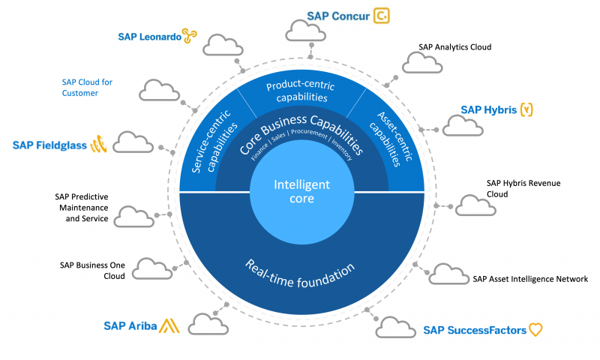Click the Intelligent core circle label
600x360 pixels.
(301, 192)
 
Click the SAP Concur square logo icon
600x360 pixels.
(382, 16)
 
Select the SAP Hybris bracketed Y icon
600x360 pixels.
(528, 110)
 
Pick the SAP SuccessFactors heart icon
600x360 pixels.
(535, 329)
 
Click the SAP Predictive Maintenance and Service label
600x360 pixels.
(81, 208)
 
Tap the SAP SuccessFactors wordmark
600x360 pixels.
(474, 330)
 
